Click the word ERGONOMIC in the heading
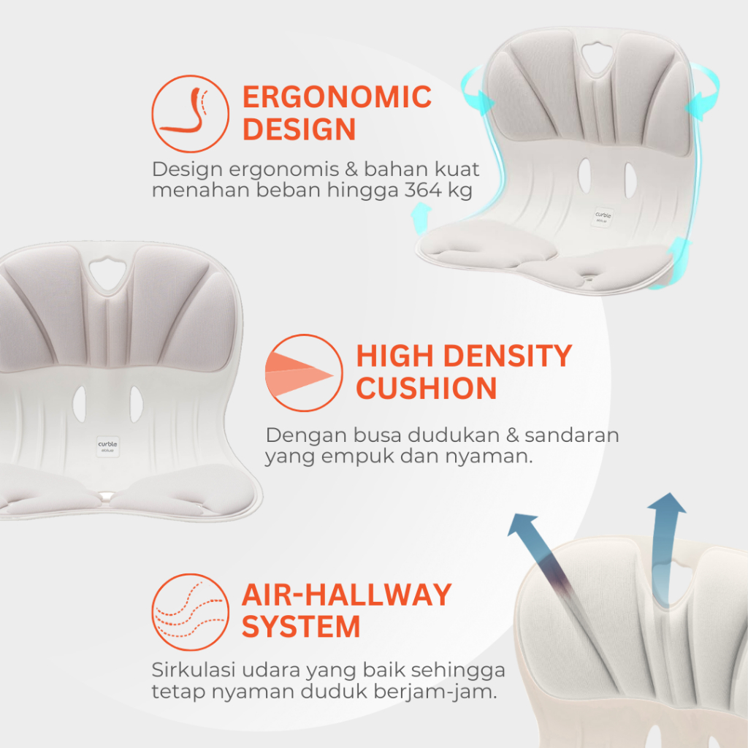pyautogui.click(x=337, y=97)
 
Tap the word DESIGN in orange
pyautogui.click(x=299, y=129)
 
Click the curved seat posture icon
pyautogui.click(x=191, y=113)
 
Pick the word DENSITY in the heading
pyautogui.click(x=508, y=356)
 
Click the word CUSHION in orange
pyautogui.click(x=427, y=388)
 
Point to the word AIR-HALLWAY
pyautogui.click(x=347, y=595)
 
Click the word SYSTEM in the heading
pyautogui.click(x=300, y=627)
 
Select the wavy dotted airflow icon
pyautogui.click(x=191, y=612)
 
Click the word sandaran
pyautogui.click(x=571, y=435)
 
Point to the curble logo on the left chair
pyautogui.click(x=108, y=446)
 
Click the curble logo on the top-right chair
pyautogui.click(x=603, y=217)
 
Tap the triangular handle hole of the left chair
pyautogui.click(x=108, y=274)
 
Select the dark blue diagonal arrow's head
pyautogui.click(x=522, y=524)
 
